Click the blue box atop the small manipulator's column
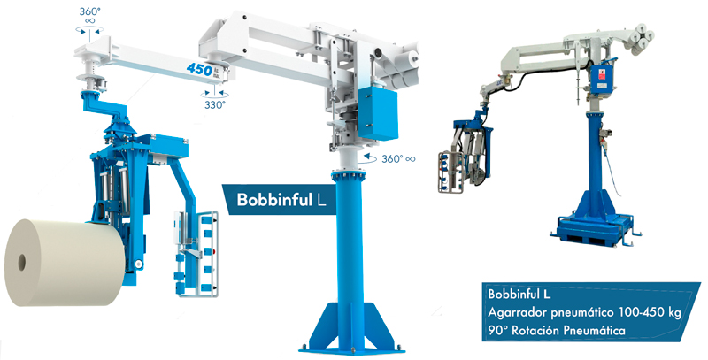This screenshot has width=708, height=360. coord(603,77)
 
